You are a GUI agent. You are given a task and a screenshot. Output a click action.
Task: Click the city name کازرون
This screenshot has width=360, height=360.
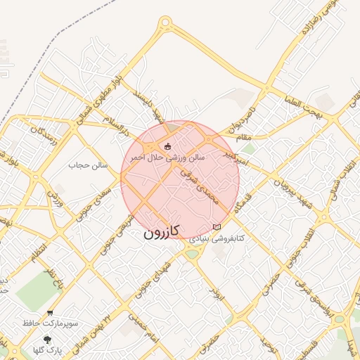tap(162, 231)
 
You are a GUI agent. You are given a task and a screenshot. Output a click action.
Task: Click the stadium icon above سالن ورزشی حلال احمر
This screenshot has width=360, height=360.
tap(167, 146)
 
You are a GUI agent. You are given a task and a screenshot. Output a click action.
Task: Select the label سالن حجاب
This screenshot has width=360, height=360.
tap(88, 165)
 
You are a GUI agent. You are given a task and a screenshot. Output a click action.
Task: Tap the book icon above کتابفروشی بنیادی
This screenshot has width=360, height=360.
tap(217, 227)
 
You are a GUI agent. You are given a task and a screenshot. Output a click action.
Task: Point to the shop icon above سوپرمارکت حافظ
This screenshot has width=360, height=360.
tap(50, 313)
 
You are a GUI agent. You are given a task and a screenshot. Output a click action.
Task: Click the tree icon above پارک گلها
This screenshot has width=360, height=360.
tap(47, 340)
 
